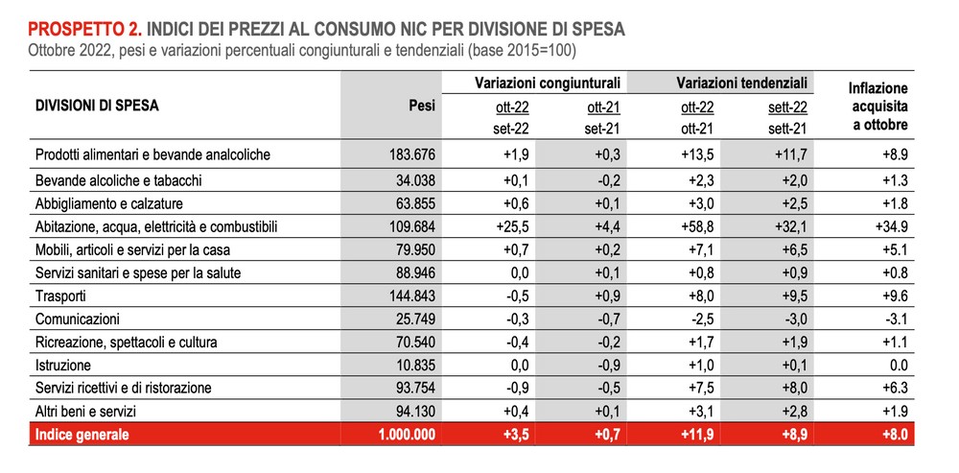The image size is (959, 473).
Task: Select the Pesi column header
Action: click(x=421, y=106)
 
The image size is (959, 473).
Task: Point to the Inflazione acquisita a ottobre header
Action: click(x=877, y=107)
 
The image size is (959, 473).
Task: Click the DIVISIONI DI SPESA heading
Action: click(x=97, y=106)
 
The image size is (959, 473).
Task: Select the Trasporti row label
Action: click(x=60, y=296)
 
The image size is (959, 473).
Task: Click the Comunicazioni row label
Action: click(x=78, y=319)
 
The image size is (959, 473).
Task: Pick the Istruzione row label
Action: click(x=63, y=366)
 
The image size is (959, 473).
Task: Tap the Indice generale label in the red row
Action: click(x=82, y=435)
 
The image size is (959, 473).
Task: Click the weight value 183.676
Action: click(x=411, y=154)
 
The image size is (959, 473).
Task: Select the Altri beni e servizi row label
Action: click(x=85, y=412)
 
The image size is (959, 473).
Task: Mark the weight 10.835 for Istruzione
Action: click(x=414, y=366)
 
